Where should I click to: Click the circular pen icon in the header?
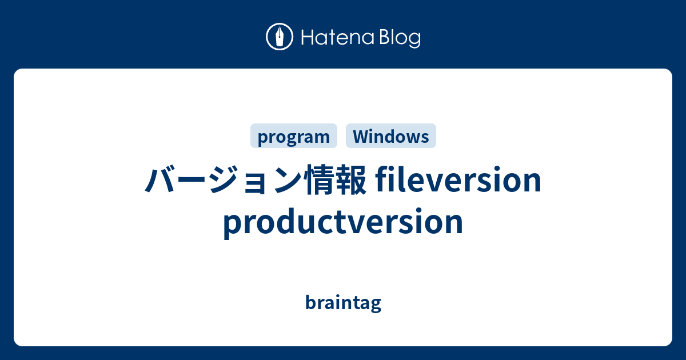coord(280,38)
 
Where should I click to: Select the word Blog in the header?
coord(398,38)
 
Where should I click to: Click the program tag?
coord(294,137)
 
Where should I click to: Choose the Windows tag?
coord(391,137)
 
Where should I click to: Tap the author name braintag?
coord(343,302)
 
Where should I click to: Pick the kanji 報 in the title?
coord(350,181)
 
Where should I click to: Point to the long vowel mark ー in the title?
coord(190,181)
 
